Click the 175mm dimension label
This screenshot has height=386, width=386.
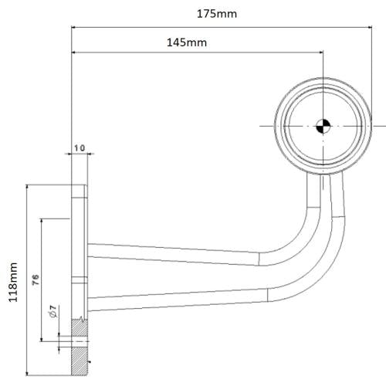[x=215, y=13]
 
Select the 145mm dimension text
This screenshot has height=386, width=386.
[x=186, y=42]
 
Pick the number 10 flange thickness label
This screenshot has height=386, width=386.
[x=80, y=147]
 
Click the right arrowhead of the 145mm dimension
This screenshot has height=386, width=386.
[x=319, y=52]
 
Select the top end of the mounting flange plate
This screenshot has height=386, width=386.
[x=80, y=188]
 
